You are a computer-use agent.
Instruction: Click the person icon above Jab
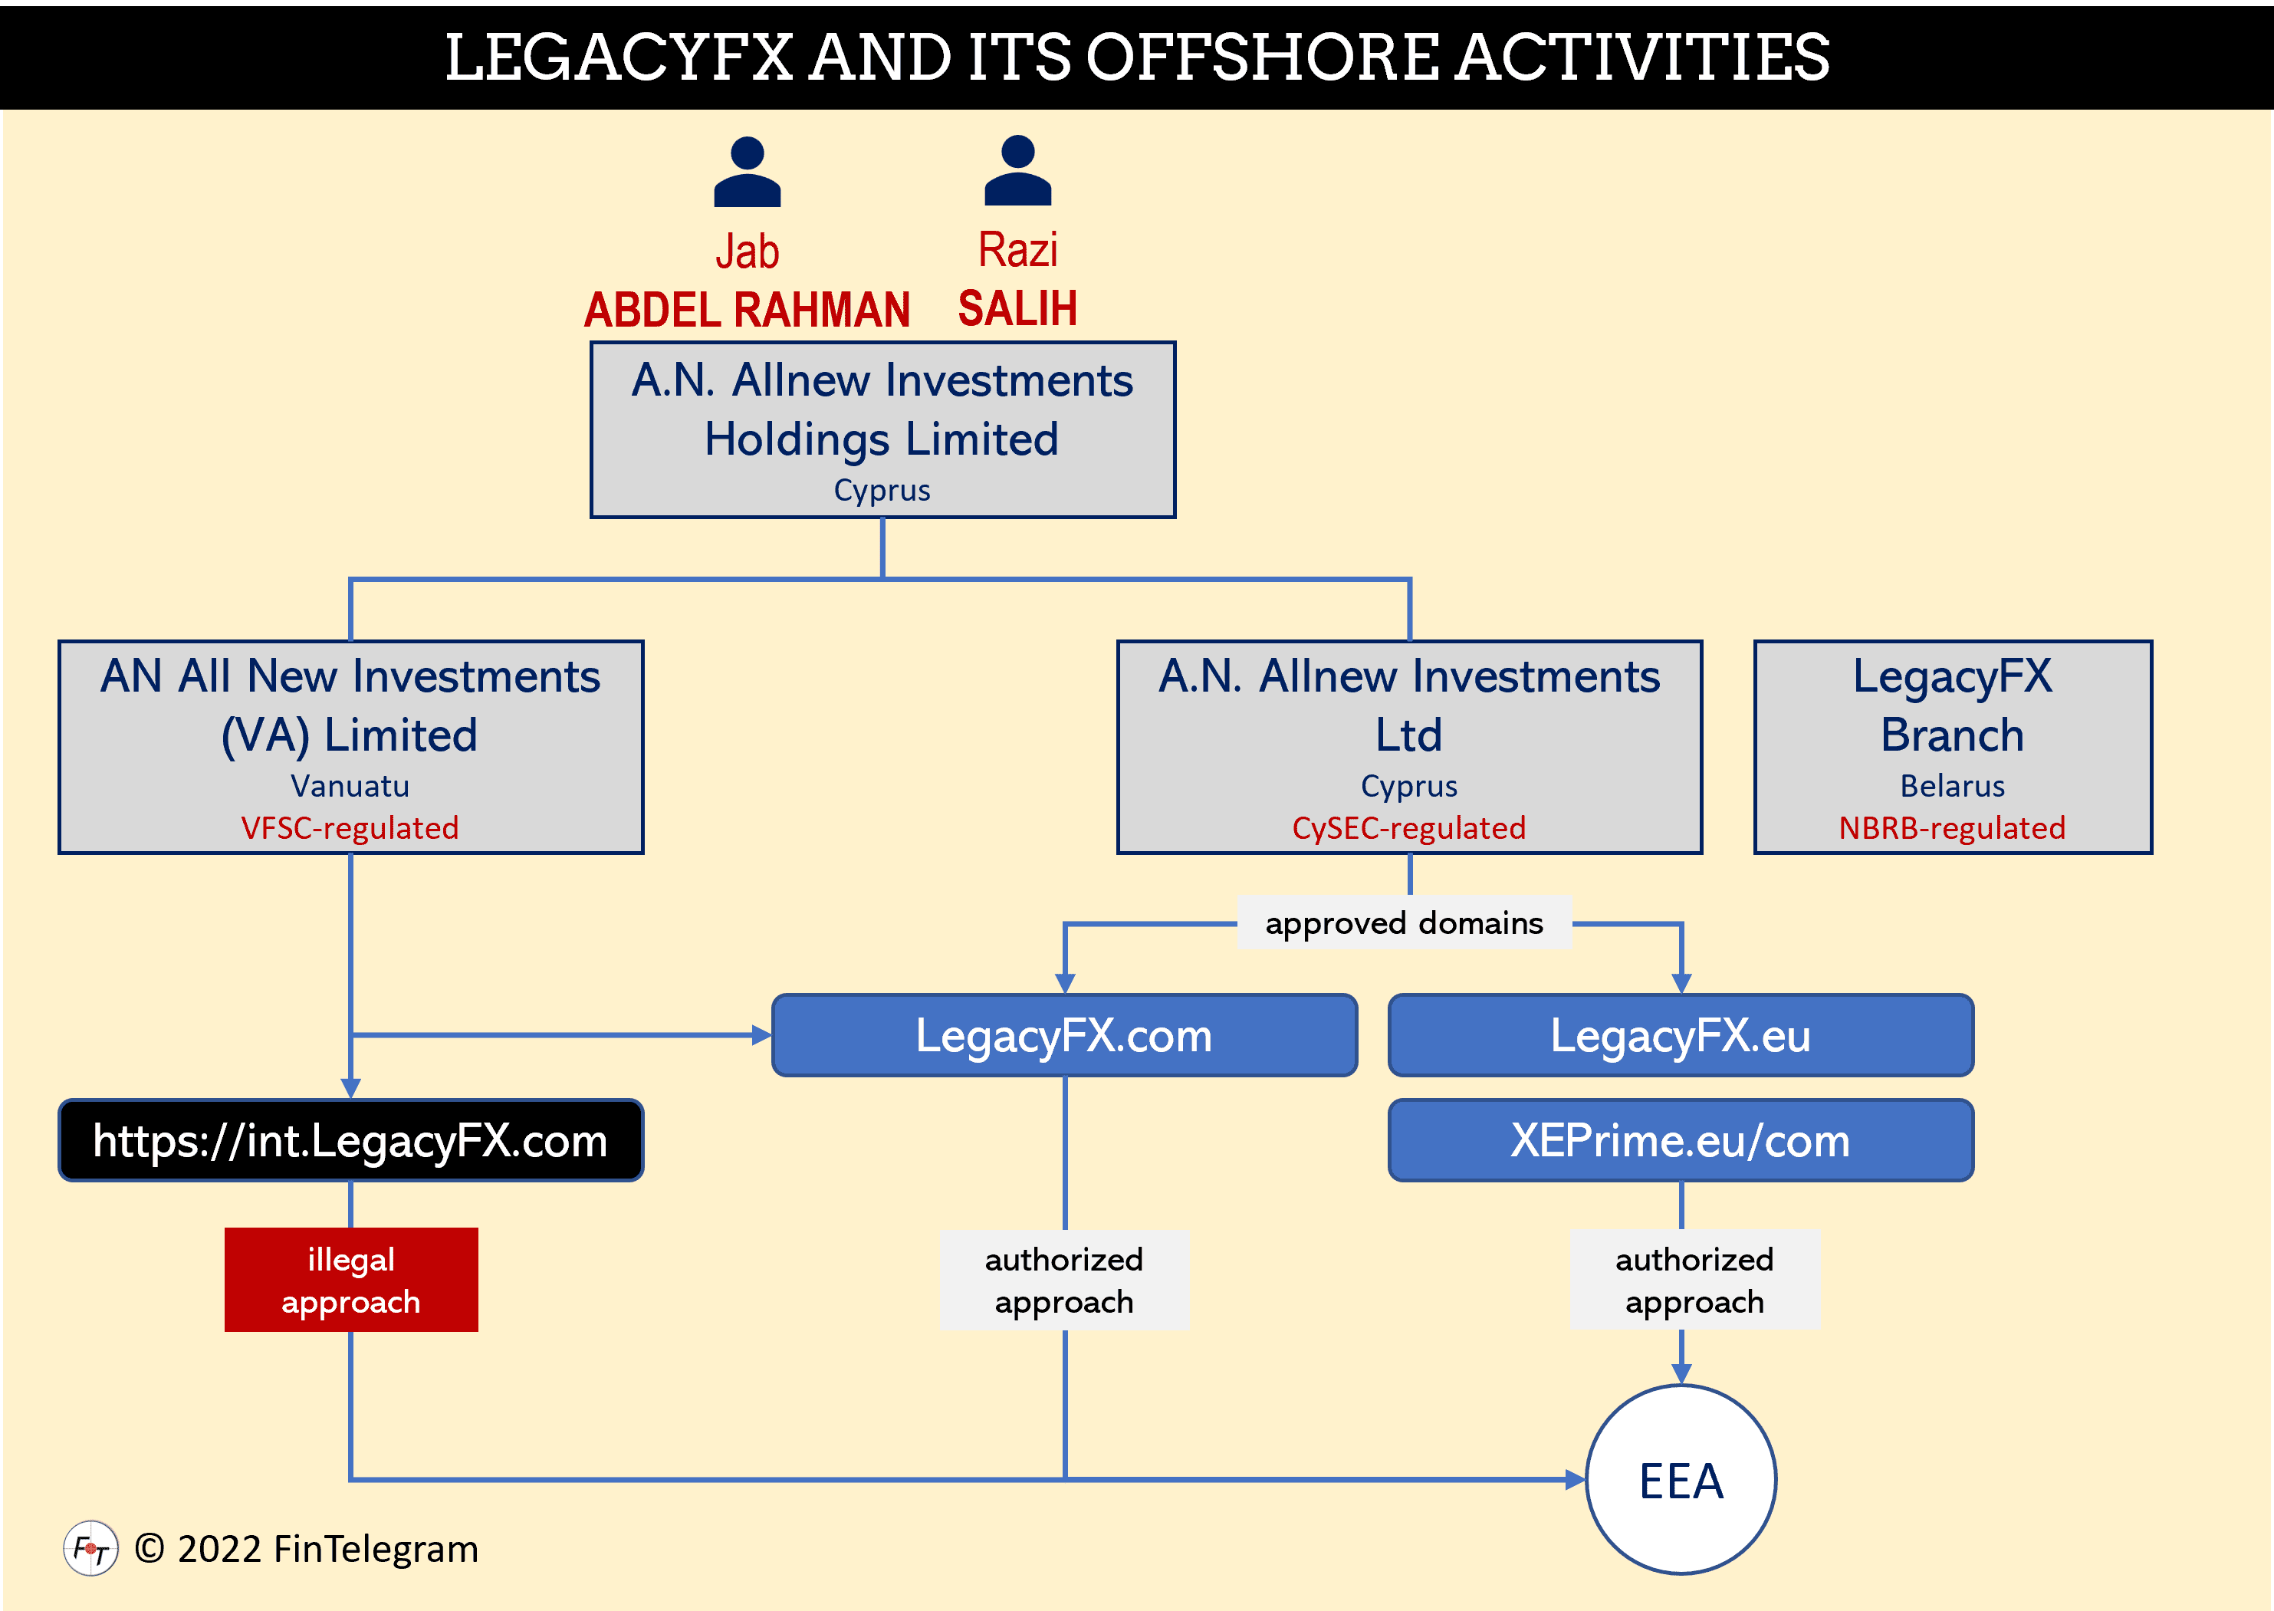tap(747, 172)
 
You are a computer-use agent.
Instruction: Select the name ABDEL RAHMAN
tap(747, 310)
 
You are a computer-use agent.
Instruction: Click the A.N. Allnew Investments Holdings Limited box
tap(882, 429)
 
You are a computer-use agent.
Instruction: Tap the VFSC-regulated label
tap(350, 827)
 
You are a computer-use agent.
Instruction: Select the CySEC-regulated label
tap(1408, 827)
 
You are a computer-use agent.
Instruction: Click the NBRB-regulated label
tap(1952, 827)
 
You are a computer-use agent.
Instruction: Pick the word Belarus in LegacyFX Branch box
tap(1952, 786)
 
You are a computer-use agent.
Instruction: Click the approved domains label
tap(1405, 922)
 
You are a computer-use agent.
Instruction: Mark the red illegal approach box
tap(351, 1280)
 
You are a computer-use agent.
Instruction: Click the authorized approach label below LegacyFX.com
tap(1064, 1280)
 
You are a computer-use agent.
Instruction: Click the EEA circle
tap(1681, 1480)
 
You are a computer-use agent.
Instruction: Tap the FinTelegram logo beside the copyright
tap(91, 1547)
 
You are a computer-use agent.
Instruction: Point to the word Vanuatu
tap(350, 786)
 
